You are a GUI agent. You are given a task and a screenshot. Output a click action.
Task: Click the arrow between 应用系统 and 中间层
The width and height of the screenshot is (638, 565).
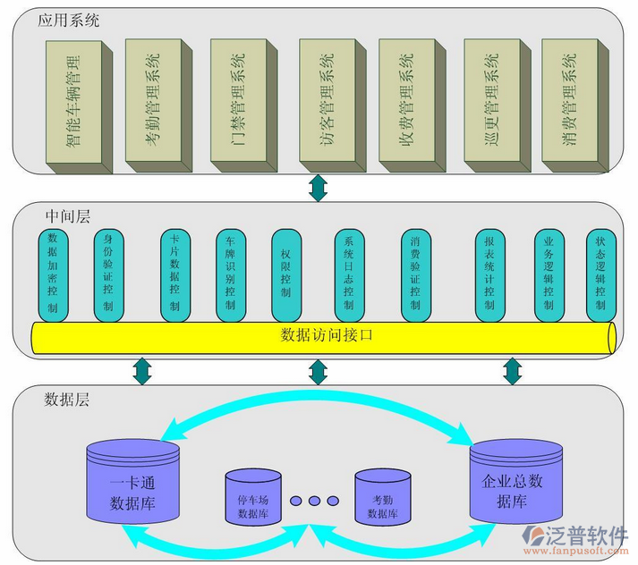pyautogui.click(x=318, y=188)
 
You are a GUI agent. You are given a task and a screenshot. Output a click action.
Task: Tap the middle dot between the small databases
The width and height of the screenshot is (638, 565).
pyautogui.click(x=317, y=501)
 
